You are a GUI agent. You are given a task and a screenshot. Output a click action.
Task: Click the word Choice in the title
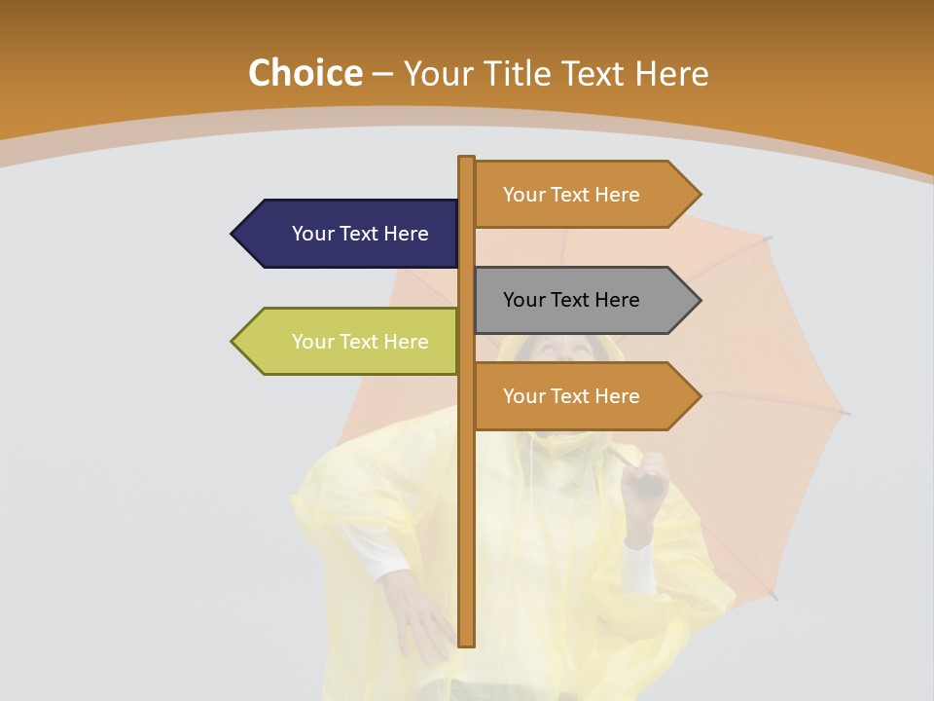[305, 74]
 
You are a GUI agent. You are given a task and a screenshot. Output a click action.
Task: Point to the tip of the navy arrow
[233, 234]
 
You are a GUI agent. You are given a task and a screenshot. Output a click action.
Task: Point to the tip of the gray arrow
[700, 300]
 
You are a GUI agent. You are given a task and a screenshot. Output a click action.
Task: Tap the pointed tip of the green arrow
[233, 341]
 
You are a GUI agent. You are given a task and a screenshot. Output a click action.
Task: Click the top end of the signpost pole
[466, 159]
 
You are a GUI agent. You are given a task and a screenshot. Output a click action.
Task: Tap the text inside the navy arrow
[360, 234]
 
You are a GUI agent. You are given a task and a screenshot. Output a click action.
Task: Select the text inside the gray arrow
[571, 300]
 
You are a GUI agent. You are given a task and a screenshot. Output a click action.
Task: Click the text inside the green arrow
[360, 342]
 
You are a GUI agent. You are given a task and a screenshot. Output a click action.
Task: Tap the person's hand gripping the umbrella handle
[644, 477]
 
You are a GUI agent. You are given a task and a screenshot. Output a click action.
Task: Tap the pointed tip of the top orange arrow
[700, 195]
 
